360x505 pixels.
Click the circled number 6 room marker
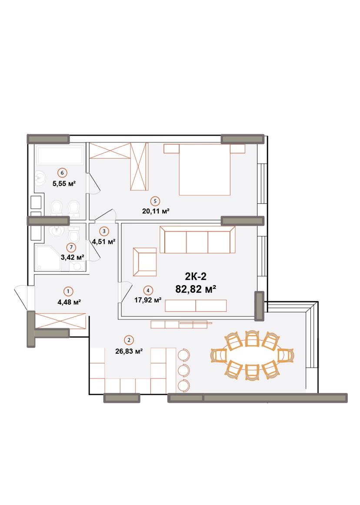[62, 173]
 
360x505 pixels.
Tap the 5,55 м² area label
[64, 184]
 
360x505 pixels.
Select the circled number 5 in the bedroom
[155, 201]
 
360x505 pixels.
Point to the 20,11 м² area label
[156, 211]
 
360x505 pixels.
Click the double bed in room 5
[204, 169]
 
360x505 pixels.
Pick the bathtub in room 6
[60, 155]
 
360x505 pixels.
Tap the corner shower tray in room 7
[48, 258]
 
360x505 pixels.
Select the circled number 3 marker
[104, 231]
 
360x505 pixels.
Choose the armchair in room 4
[145, 262]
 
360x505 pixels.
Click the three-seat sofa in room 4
[197, 240]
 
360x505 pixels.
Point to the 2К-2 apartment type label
[196, 277]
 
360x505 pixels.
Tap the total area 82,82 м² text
[196, 289]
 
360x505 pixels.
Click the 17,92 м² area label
[148, 300]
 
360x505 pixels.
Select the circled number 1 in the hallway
[68, 292]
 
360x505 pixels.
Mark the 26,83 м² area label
[129, 352]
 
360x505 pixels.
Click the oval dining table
[252, 355]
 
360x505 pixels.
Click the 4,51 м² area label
[104, 242]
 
